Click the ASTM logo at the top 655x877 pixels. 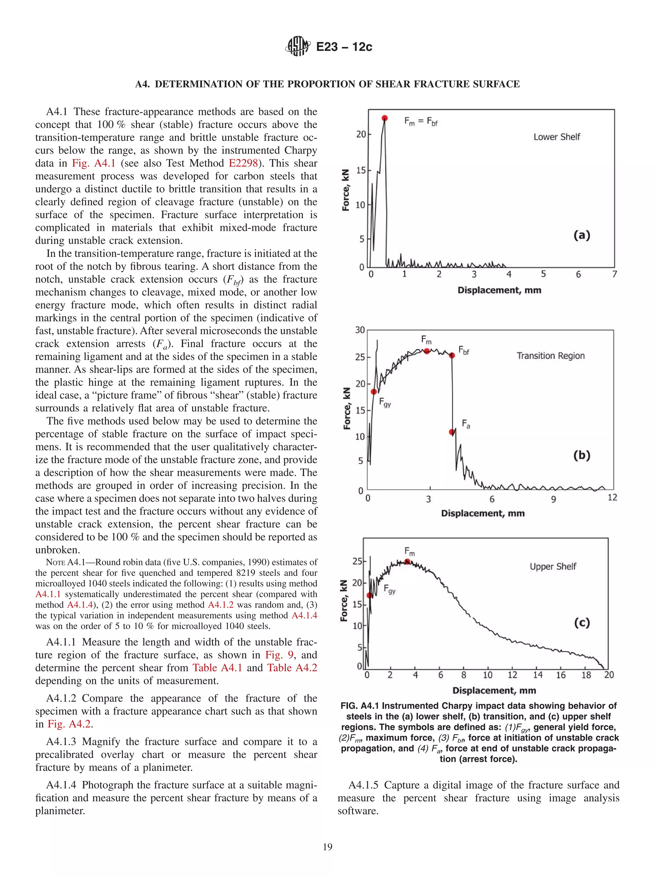[297, 46]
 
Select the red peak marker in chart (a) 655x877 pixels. [384, 118]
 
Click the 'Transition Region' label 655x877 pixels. [550, 356]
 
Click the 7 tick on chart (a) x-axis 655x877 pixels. [614, 274]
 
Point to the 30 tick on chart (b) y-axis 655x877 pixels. [360, 330]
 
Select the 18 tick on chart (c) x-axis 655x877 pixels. [586, 675]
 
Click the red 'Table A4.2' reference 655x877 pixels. [292, 668]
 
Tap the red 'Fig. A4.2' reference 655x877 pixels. [69, 724]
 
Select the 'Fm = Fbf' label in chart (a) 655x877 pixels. [421, 121]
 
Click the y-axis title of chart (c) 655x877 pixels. [344, 601]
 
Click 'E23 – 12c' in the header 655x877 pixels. [344, 47]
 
